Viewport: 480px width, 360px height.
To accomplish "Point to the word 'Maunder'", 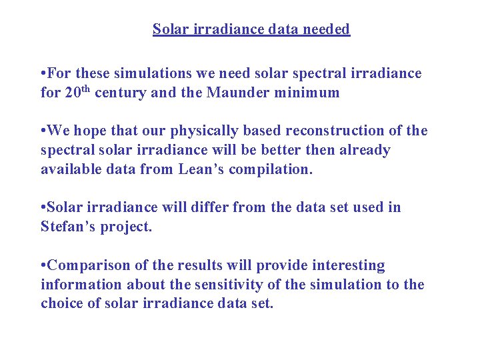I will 235,93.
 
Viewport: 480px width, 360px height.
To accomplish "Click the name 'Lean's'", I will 200,169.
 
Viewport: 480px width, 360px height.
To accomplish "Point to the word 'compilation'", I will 271,170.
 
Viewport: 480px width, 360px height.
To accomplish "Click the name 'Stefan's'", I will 67,227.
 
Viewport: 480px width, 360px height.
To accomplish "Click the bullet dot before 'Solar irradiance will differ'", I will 43,207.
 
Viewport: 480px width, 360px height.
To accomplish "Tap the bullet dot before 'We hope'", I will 43,131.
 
